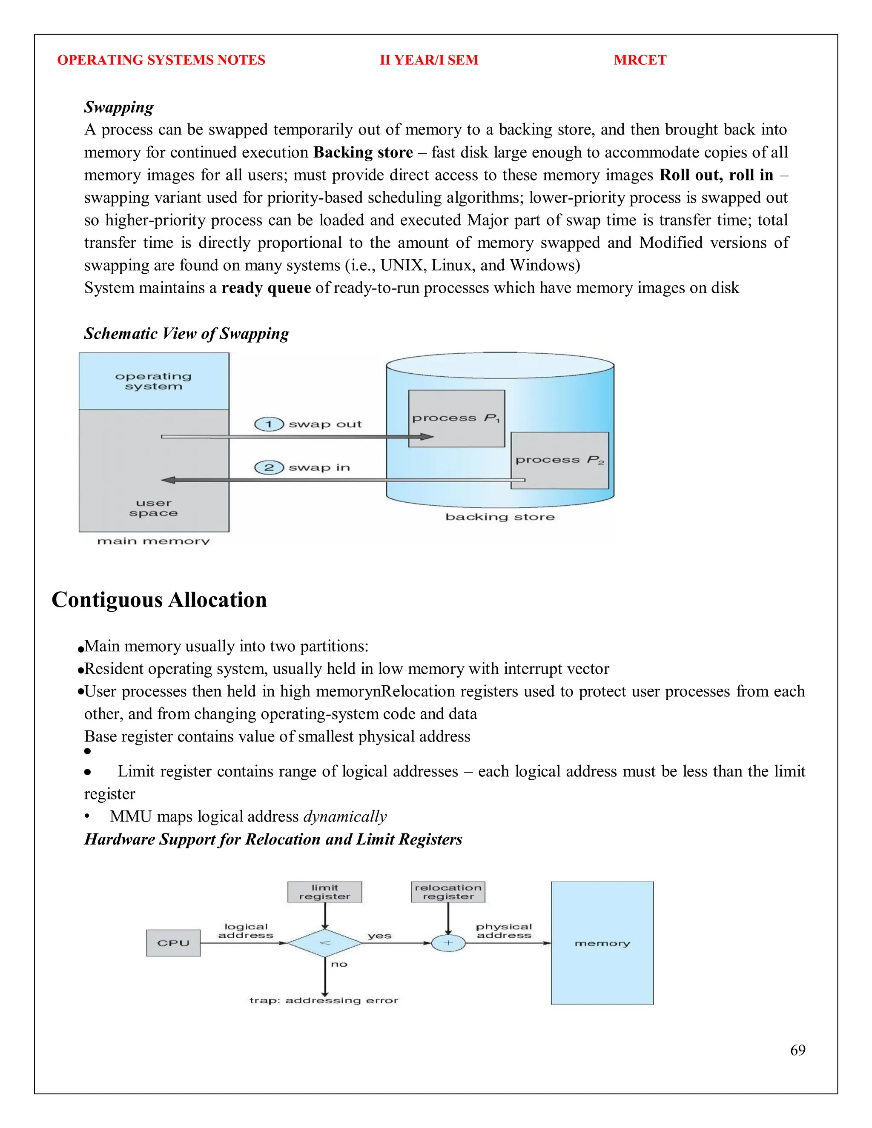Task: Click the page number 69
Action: (x=797, y=1050)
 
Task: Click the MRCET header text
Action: (x=640, y=60)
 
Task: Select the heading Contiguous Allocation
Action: (x=159, y=600)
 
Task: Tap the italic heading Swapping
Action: (x=119, y=107)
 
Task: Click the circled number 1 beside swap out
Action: (x=269, y=424)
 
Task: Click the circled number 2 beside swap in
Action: (x=269, y=467)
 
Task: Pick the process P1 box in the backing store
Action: (x=456, y=418)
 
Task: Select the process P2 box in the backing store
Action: (x=559, y=460)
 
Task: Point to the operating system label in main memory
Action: (x=153, y=381)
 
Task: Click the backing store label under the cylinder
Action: (x=499, y=517)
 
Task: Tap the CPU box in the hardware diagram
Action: (x=173, y=943)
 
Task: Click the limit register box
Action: (x=324, y=892)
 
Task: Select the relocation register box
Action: (x=448, y=892)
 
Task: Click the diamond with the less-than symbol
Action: (x=324, y=943)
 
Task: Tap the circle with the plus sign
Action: (x=448, y=943)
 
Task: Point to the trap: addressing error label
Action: (x=324, y=1000)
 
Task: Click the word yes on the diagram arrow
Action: (x=379, y=936)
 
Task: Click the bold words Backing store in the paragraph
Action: (x=363, y=152)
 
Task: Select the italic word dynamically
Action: (x=344, y=816)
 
